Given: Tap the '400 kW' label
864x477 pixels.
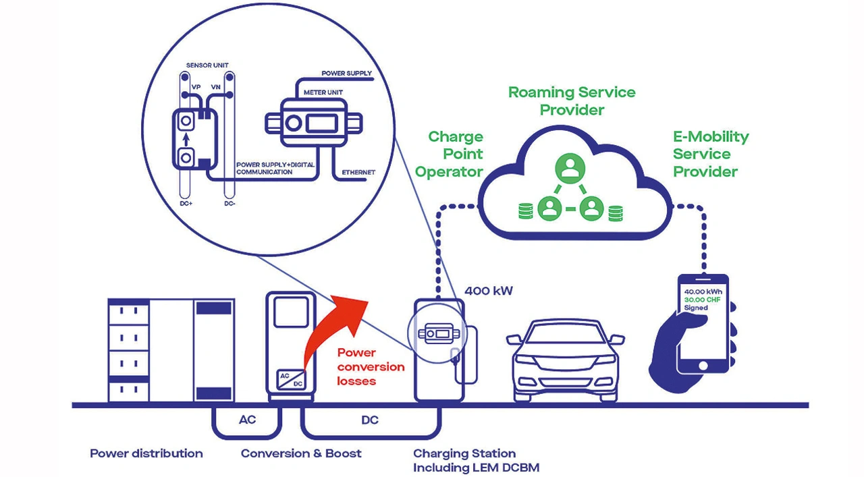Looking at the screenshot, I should point(489,291).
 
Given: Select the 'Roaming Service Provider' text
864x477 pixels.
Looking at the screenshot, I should point(572,101).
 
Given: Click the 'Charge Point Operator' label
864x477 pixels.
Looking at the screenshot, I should point(449,155).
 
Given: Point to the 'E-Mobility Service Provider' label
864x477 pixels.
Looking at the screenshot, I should point(711,154).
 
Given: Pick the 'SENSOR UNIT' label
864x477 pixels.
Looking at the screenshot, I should point(207,65).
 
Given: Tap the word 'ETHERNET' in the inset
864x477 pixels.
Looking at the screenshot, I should point(358,172).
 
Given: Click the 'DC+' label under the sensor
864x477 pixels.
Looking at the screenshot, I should point(186,202).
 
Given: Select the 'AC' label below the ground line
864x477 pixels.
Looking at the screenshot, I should point(248,420).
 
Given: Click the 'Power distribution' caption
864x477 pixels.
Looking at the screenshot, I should point(146,453).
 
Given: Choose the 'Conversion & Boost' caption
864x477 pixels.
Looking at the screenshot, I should point(301,453).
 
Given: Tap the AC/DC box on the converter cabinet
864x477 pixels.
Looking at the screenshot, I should point(290,380).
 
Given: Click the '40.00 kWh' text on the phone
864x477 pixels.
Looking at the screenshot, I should point(703,291).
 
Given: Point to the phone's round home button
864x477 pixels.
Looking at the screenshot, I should point(703,364).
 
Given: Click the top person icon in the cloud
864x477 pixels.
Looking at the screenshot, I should point(570,168).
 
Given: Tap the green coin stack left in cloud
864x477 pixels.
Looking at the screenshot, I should point(524,211).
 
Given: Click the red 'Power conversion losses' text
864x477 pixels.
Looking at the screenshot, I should point(371,366).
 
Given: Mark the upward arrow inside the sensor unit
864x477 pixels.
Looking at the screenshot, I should point(186,140).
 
